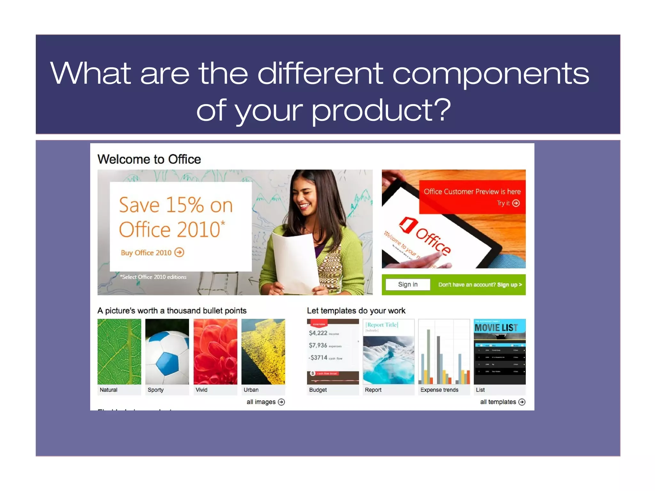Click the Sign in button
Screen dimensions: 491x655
pyautogui.click(x=407, y=284)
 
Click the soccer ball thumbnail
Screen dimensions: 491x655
pyautogui.click(x=167, y=352)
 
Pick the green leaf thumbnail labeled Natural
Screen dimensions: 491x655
pyautogui.click(x=119, y=352)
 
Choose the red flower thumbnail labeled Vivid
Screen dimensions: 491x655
pyautogui.click(x=215, y=352)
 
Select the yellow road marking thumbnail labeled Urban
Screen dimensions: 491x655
pyautogui.click(x=263, y=352)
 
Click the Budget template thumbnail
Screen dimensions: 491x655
pyautogui.click(x=333, y=352)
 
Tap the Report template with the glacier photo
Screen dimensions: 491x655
pyautogui.click(x=389, y=352)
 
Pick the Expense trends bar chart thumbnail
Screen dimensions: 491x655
pyautogui.click(x=444, y=352)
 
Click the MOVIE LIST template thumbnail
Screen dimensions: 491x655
pyautogui.click(x=500, y=352)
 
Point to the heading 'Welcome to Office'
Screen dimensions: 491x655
pyautogui.click(x=149, y=159)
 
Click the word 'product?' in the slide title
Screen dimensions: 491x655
pyautogui.click(x=381, y=110)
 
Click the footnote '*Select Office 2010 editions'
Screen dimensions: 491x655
pyautogui.click(x=153, y=277)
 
